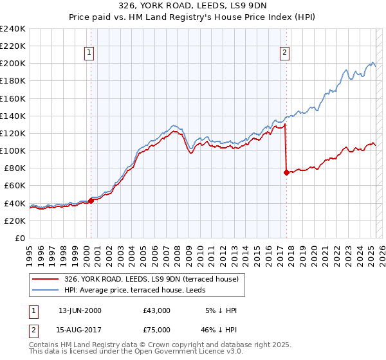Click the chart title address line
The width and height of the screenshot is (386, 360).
193,6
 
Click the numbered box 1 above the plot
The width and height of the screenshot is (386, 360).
88,53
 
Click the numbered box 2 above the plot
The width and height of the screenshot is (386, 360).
284,53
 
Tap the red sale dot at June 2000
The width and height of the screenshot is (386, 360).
91,200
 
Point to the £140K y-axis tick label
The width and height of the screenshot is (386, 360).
13,116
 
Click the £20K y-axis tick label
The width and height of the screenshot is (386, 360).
15,221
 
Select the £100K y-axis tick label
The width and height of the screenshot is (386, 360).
13,150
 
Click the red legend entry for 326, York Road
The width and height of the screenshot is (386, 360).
151,279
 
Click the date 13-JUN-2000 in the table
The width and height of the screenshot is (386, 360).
80,310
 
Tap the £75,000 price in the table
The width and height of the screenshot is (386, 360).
157,330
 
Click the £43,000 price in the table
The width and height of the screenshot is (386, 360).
157,310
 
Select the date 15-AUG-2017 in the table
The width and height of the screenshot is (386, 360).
80,330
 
